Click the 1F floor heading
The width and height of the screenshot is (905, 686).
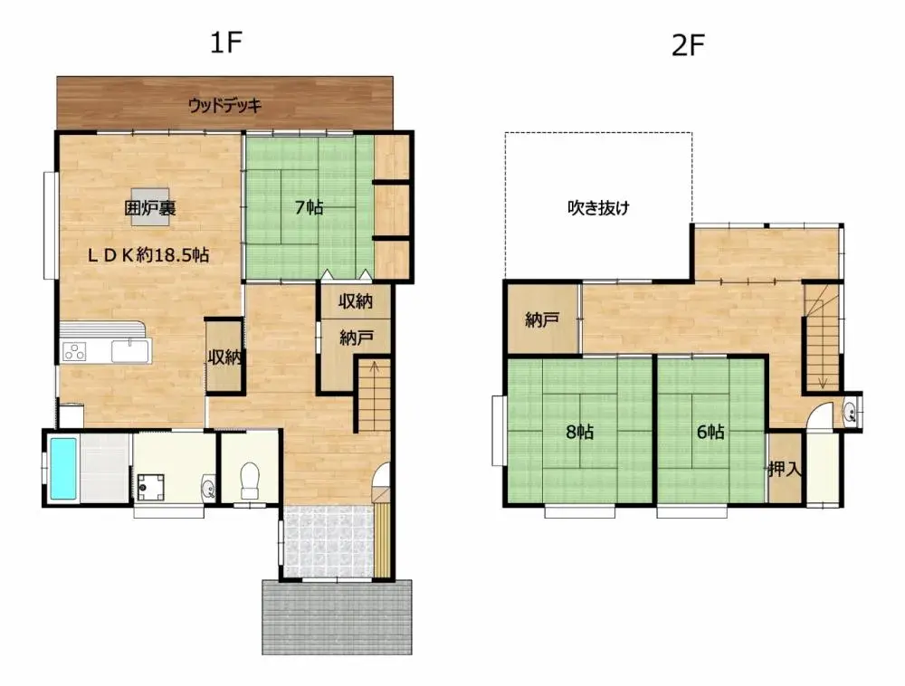[226, 43]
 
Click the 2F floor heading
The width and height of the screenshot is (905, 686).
[688, 46]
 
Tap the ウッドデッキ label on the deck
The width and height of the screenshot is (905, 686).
[224, 105]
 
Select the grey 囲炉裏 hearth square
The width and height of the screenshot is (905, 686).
[150, 207]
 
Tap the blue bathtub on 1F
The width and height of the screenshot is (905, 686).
[62, 468]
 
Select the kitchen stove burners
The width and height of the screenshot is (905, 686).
[74, 352]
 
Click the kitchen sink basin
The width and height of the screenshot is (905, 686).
[129, 349]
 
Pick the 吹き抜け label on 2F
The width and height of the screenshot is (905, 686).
[598, 207]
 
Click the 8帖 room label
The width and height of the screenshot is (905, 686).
[579, 432]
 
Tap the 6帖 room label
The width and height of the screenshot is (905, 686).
[710, 432]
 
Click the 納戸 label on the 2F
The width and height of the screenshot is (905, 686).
[541, 319]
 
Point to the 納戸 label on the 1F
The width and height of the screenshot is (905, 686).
[356, 338]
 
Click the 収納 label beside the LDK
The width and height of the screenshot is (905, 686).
[224, 357]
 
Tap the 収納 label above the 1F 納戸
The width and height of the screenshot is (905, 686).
[356, 300]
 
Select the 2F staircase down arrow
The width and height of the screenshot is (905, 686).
[822, 380]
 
